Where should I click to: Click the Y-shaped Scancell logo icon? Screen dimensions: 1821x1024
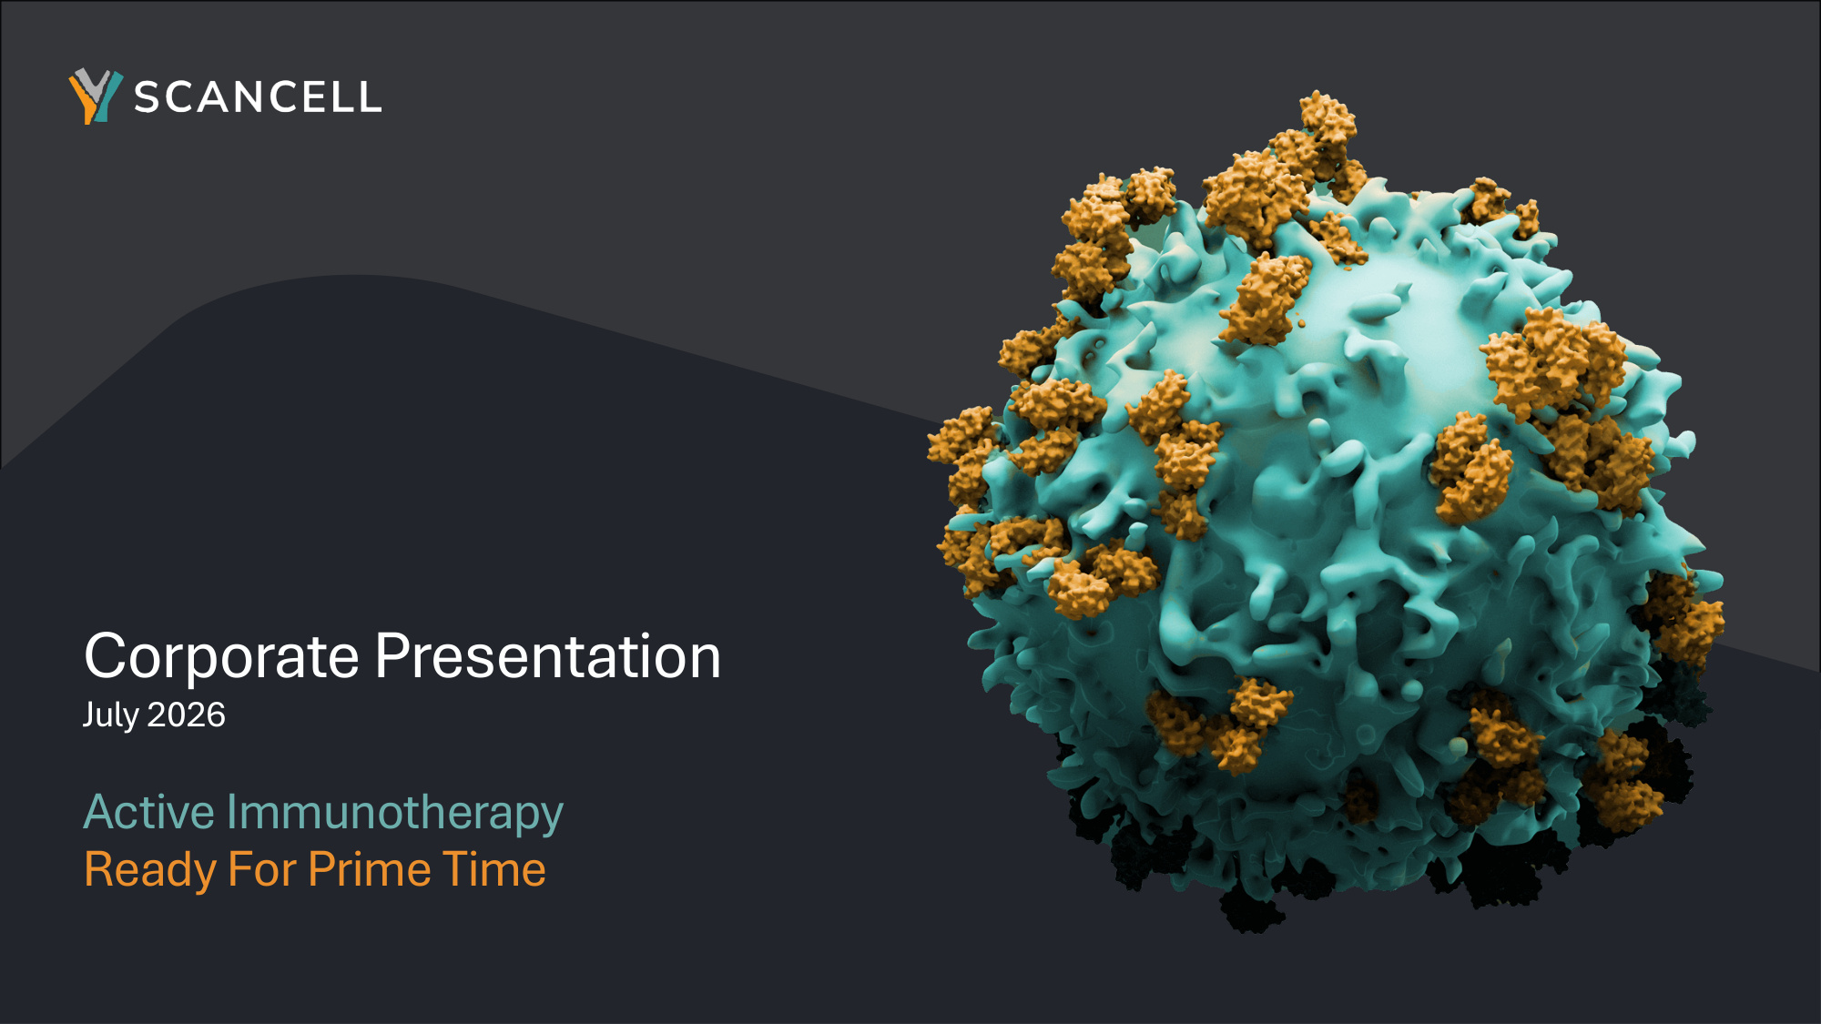96,96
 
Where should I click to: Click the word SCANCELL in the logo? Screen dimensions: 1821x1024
258,97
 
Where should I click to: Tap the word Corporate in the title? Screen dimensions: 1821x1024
222,656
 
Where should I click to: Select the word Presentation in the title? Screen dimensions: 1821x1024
548,656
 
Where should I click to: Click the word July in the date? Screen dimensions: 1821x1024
110,715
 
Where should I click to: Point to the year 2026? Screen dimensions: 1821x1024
187,715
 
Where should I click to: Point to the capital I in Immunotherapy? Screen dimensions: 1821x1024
232,812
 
